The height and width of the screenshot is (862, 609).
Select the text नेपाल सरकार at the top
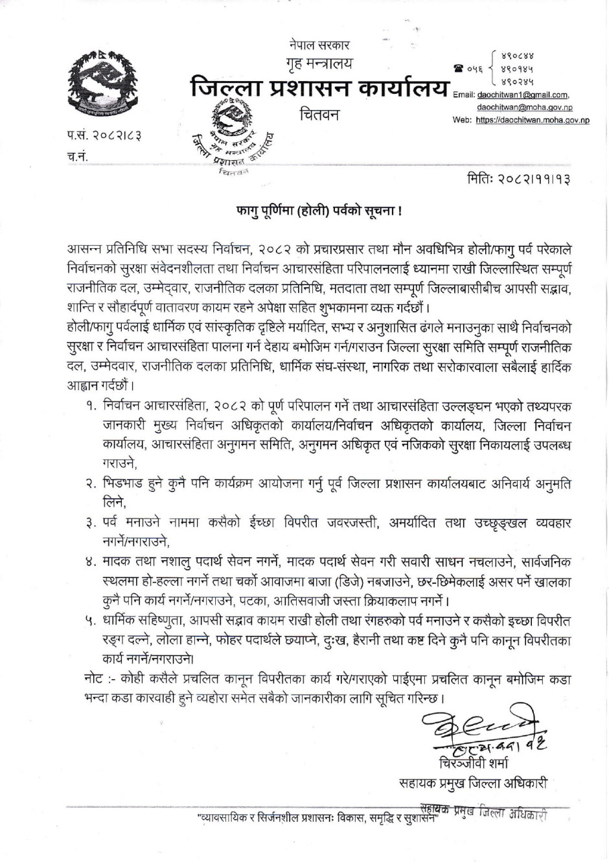pos(319,46)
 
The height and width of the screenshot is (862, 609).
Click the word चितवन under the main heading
pos(319,115)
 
